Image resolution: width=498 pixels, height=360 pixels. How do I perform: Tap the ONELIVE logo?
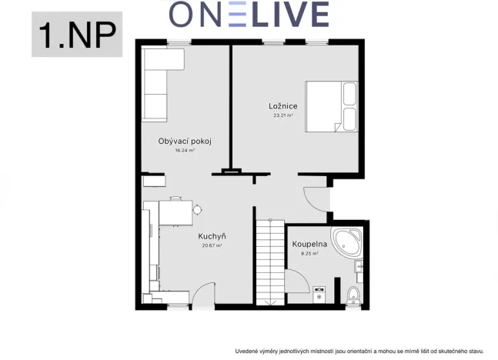coord(249,14)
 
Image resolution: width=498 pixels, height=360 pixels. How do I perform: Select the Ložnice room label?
coord(284,106)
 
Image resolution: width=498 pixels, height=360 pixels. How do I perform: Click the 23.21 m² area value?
coord(284,116)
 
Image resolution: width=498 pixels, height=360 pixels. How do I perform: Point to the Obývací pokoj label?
coord(185,142)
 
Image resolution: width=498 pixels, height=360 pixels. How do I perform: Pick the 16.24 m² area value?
coord(185,151)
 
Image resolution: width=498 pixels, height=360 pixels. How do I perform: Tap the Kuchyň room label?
coord(212,236)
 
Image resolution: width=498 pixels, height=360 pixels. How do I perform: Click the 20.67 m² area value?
coord(212,245)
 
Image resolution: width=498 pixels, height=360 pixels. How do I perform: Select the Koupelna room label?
coord(309,244)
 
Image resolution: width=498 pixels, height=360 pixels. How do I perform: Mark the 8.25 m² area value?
coord(309,253)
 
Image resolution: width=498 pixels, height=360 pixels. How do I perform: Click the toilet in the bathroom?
coord(353,294)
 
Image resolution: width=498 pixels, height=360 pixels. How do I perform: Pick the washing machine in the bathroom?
coord(320,294)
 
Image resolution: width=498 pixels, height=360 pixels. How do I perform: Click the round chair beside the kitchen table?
coord(197,208)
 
